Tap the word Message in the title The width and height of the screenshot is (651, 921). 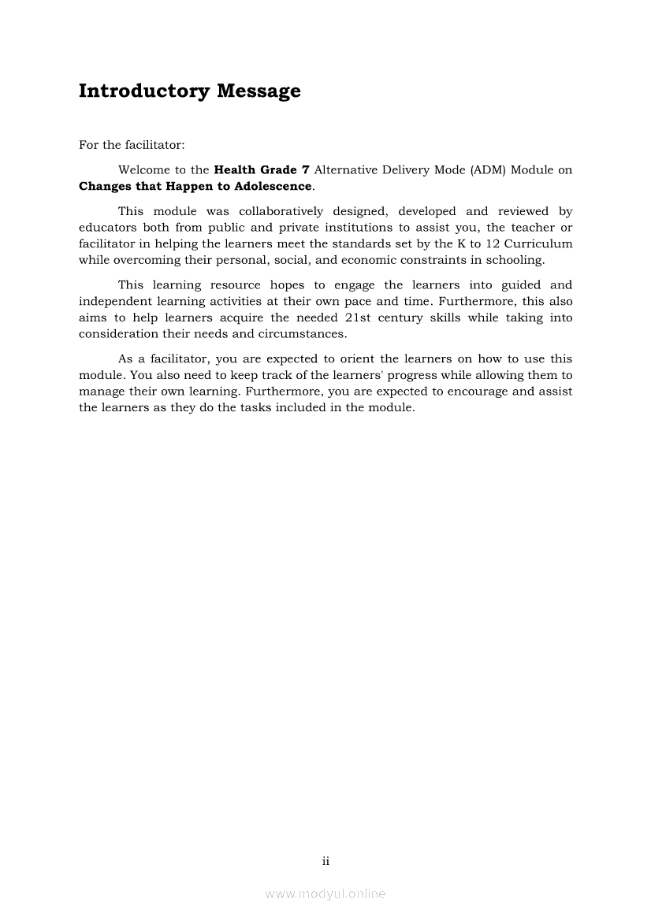[259, 91]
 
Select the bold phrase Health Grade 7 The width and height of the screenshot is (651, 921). [261, 169]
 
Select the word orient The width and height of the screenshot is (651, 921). [356, 358]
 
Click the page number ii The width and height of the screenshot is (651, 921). [325, 862]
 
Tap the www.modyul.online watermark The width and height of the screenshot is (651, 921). [325, 894]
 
